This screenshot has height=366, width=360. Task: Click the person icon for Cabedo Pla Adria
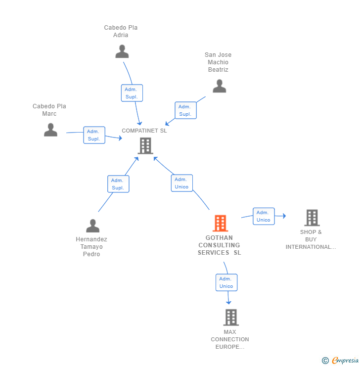[122, 51]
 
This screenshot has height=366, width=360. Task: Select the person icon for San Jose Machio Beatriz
[219, 86]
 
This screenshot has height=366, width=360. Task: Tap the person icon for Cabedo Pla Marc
[50, 130]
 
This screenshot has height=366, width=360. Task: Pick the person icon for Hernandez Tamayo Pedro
[92, 226]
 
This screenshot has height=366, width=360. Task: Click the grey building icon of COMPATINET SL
[145, 146]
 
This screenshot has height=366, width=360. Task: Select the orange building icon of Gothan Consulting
[220, 223]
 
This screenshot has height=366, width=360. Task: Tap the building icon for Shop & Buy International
[312, 218]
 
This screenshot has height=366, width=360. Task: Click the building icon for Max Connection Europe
[230, 317]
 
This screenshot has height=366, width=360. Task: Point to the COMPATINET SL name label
[144, 131]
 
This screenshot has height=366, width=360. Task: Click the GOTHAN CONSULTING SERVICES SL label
[219, 245]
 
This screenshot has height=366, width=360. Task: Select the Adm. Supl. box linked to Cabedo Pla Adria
[132, 93]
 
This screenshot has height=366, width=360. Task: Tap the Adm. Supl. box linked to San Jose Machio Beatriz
[185, 110]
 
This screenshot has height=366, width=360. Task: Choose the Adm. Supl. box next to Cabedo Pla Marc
[94, 135]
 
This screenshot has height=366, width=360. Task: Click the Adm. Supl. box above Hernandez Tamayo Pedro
[118, 184]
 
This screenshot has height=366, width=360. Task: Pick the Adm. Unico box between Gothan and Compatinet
[181, 183]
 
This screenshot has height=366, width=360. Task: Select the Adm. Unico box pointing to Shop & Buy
[264, 216]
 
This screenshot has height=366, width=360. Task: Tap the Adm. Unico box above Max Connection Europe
[226, 282]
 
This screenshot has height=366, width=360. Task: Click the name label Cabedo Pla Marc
[49, 110]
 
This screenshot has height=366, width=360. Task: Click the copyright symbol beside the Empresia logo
[325, 361]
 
